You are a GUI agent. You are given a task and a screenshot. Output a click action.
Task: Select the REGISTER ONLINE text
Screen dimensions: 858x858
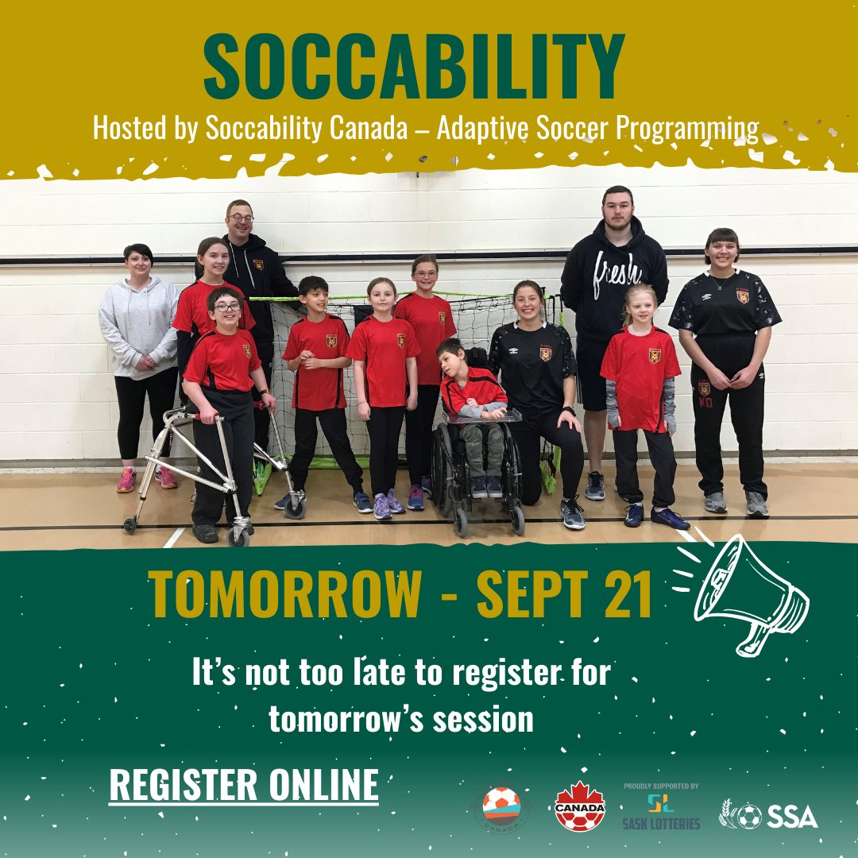[x=243, y=785]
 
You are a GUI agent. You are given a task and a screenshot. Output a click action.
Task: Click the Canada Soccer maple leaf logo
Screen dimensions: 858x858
[x=579, y=807]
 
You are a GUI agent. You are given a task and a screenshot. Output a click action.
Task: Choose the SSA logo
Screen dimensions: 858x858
[x=768, y=815]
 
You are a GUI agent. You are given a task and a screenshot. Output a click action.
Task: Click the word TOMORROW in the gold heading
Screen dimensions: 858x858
[x=284, y=595]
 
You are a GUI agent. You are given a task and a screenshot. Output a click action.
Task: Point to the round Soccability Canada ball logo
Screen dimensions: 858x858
[x=501, y=806]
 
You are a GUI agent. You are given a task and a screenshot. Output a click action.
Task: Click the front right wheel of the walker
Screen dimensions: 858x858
[x=296, y=505]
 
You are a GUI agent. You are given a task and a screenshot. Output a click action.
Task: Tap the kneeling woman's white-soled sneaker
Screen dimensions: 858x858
[x=573, y=514]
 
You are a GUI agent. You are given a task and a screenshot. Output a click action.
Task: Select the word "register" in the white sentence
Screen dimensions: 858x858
[x=495, y=673]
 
